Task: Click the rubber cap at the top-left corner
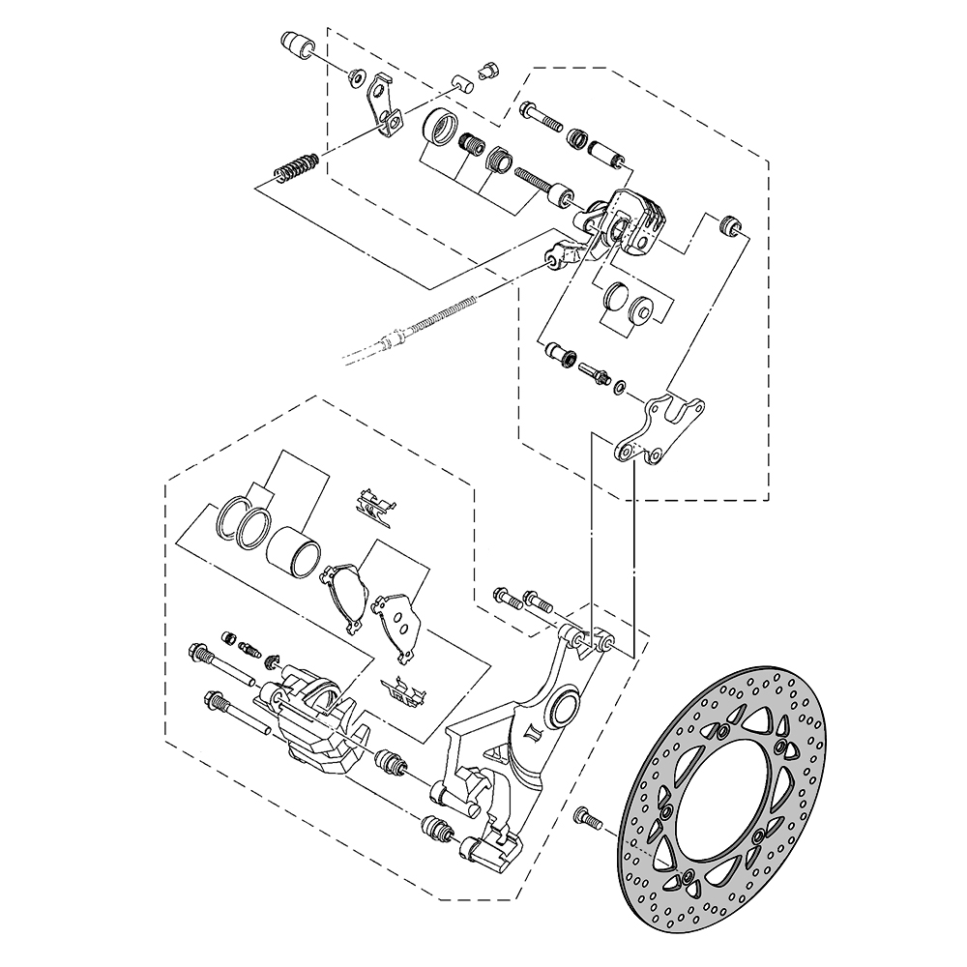(295, 45)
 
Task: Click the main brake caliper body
(314, 720)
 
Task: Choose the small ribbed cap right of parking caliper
(730, 225)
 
